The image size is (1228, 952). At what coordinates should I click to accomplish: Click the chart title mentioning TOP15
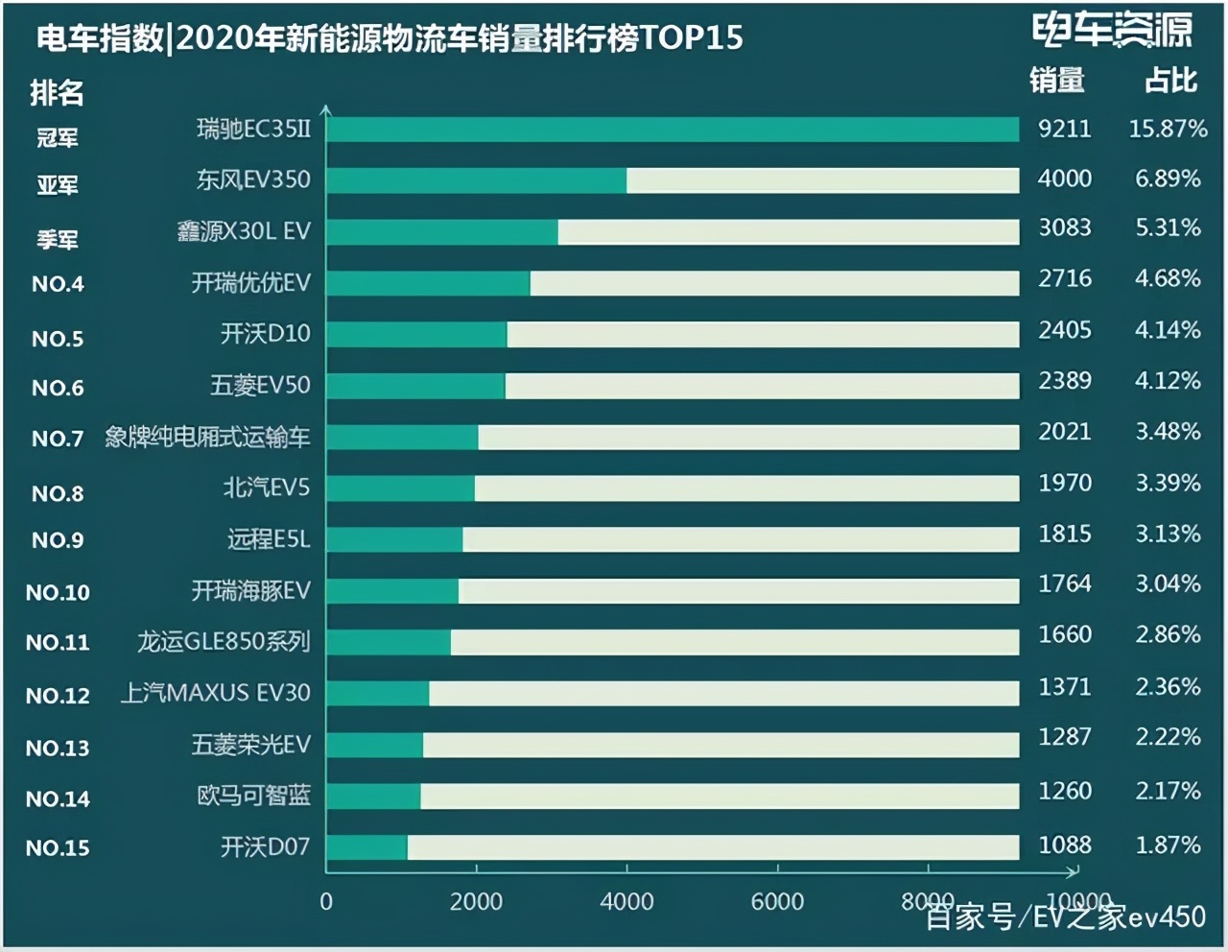click(x=389, y=37)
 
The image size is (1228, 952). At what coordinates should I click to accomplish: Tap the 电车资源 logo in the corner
click(x=1112, y=31)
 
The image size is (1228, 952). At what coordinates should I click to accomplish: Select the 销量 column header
click(x=1056, y=81)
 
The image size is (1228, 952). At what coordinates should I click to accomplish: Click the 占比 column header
click(x=1170, y=81)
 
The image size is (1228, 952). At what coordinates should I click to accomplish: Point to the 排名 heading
click(x=57, y=93)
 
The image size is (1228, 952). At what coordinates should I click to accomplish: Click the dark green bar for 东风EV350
click(x=476, y=180)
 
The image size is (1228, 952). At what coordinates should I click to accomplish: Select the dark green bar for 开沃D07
click(x=366, y=847)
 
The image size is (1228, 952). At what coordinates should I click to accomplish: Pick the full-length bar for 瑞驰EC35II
click(x=672, y=130)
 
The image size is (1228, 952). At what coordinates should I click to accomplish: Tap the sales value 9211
click(x=1064, y=129)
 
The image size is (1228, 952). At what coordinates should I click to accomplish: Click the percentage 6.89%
click(x=1168, y=178)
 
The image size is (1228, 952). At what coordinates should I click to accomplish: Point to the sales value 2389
click(x=1064, y=381)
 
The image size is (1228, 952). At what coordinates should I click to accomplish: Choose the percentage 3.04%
click(x=1168, y=584)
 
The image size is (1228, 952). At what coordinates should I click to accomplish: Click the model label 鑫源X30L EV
click(x=244, y=231)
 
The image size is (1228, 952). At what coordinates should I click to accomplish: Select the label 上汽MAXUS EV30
click(x=215, y=693)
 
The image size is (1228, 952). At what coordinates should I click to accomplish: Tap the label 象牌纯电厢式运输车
click(x=207, y=438)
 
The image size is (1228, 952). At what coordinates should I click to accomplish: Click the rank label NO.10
click(x=58, y=593)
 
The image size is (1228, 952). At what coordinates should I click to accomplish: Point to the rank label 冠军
click(x=57, y=138)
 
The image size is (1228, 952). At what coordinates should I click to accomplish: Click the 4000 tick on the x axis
click(x=626, y=902)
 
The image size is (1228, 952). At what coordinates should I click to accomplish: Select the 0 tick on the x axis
click(x=326, y=902)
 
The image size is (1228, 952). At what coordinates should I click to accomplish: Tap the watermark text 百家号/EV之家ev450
click(x=1065, y=917)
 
